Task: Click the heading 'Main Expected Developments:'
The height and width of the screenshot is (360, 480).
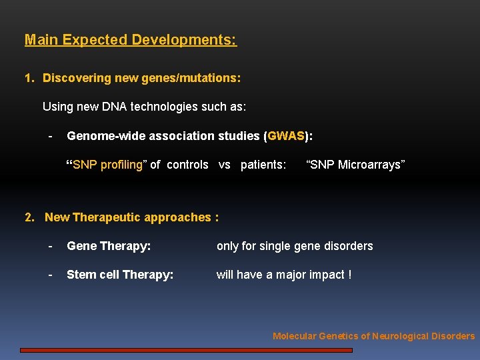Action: [x=131, y=40]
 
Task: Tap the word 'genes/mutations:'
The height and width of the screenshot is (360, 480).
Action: [x=199, y=78]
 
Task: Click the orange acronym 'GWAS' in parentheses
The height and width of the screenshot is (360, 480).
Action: [x=286, y=136]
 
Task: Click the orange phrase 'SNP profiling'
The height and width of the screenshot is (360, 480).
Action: [x=107, y=165]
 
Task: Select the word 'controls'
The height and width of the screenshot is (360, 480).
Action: [x=187, y=165]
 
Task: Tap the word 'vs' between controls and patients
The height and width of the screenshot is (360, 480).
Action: [x=225, y=165]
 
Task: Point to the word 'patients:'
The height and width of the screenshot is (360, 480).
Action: [x=263, y=165]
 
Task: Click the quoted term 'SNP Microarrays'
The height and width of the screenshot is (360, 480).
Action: [x=355, y=165]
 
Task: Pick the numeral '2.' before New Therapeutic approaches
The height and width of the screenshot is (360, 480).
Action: [x=30, y=217]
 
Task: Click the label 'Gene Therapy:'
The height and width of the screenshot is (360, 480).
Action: [x=109, y=246]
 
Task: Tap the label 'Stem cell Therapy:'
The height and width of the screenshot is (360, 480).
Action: [x=120, y=275]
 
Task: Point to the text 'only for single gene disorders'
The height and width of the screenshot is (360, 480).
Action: [x=295, y=246]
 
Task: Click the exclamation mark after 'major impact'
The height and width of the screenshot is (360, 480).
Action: [x=349, y=275]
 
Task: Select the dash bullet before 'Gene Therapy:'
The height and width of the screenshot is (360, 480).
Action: [x=51, y=246]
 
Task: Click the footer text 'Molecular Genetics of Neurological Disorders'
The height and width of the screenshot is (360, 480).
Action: [x=373, y=336]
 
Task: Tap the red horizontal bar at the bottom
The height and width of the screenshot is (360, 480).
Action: [x=186, y=349]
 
